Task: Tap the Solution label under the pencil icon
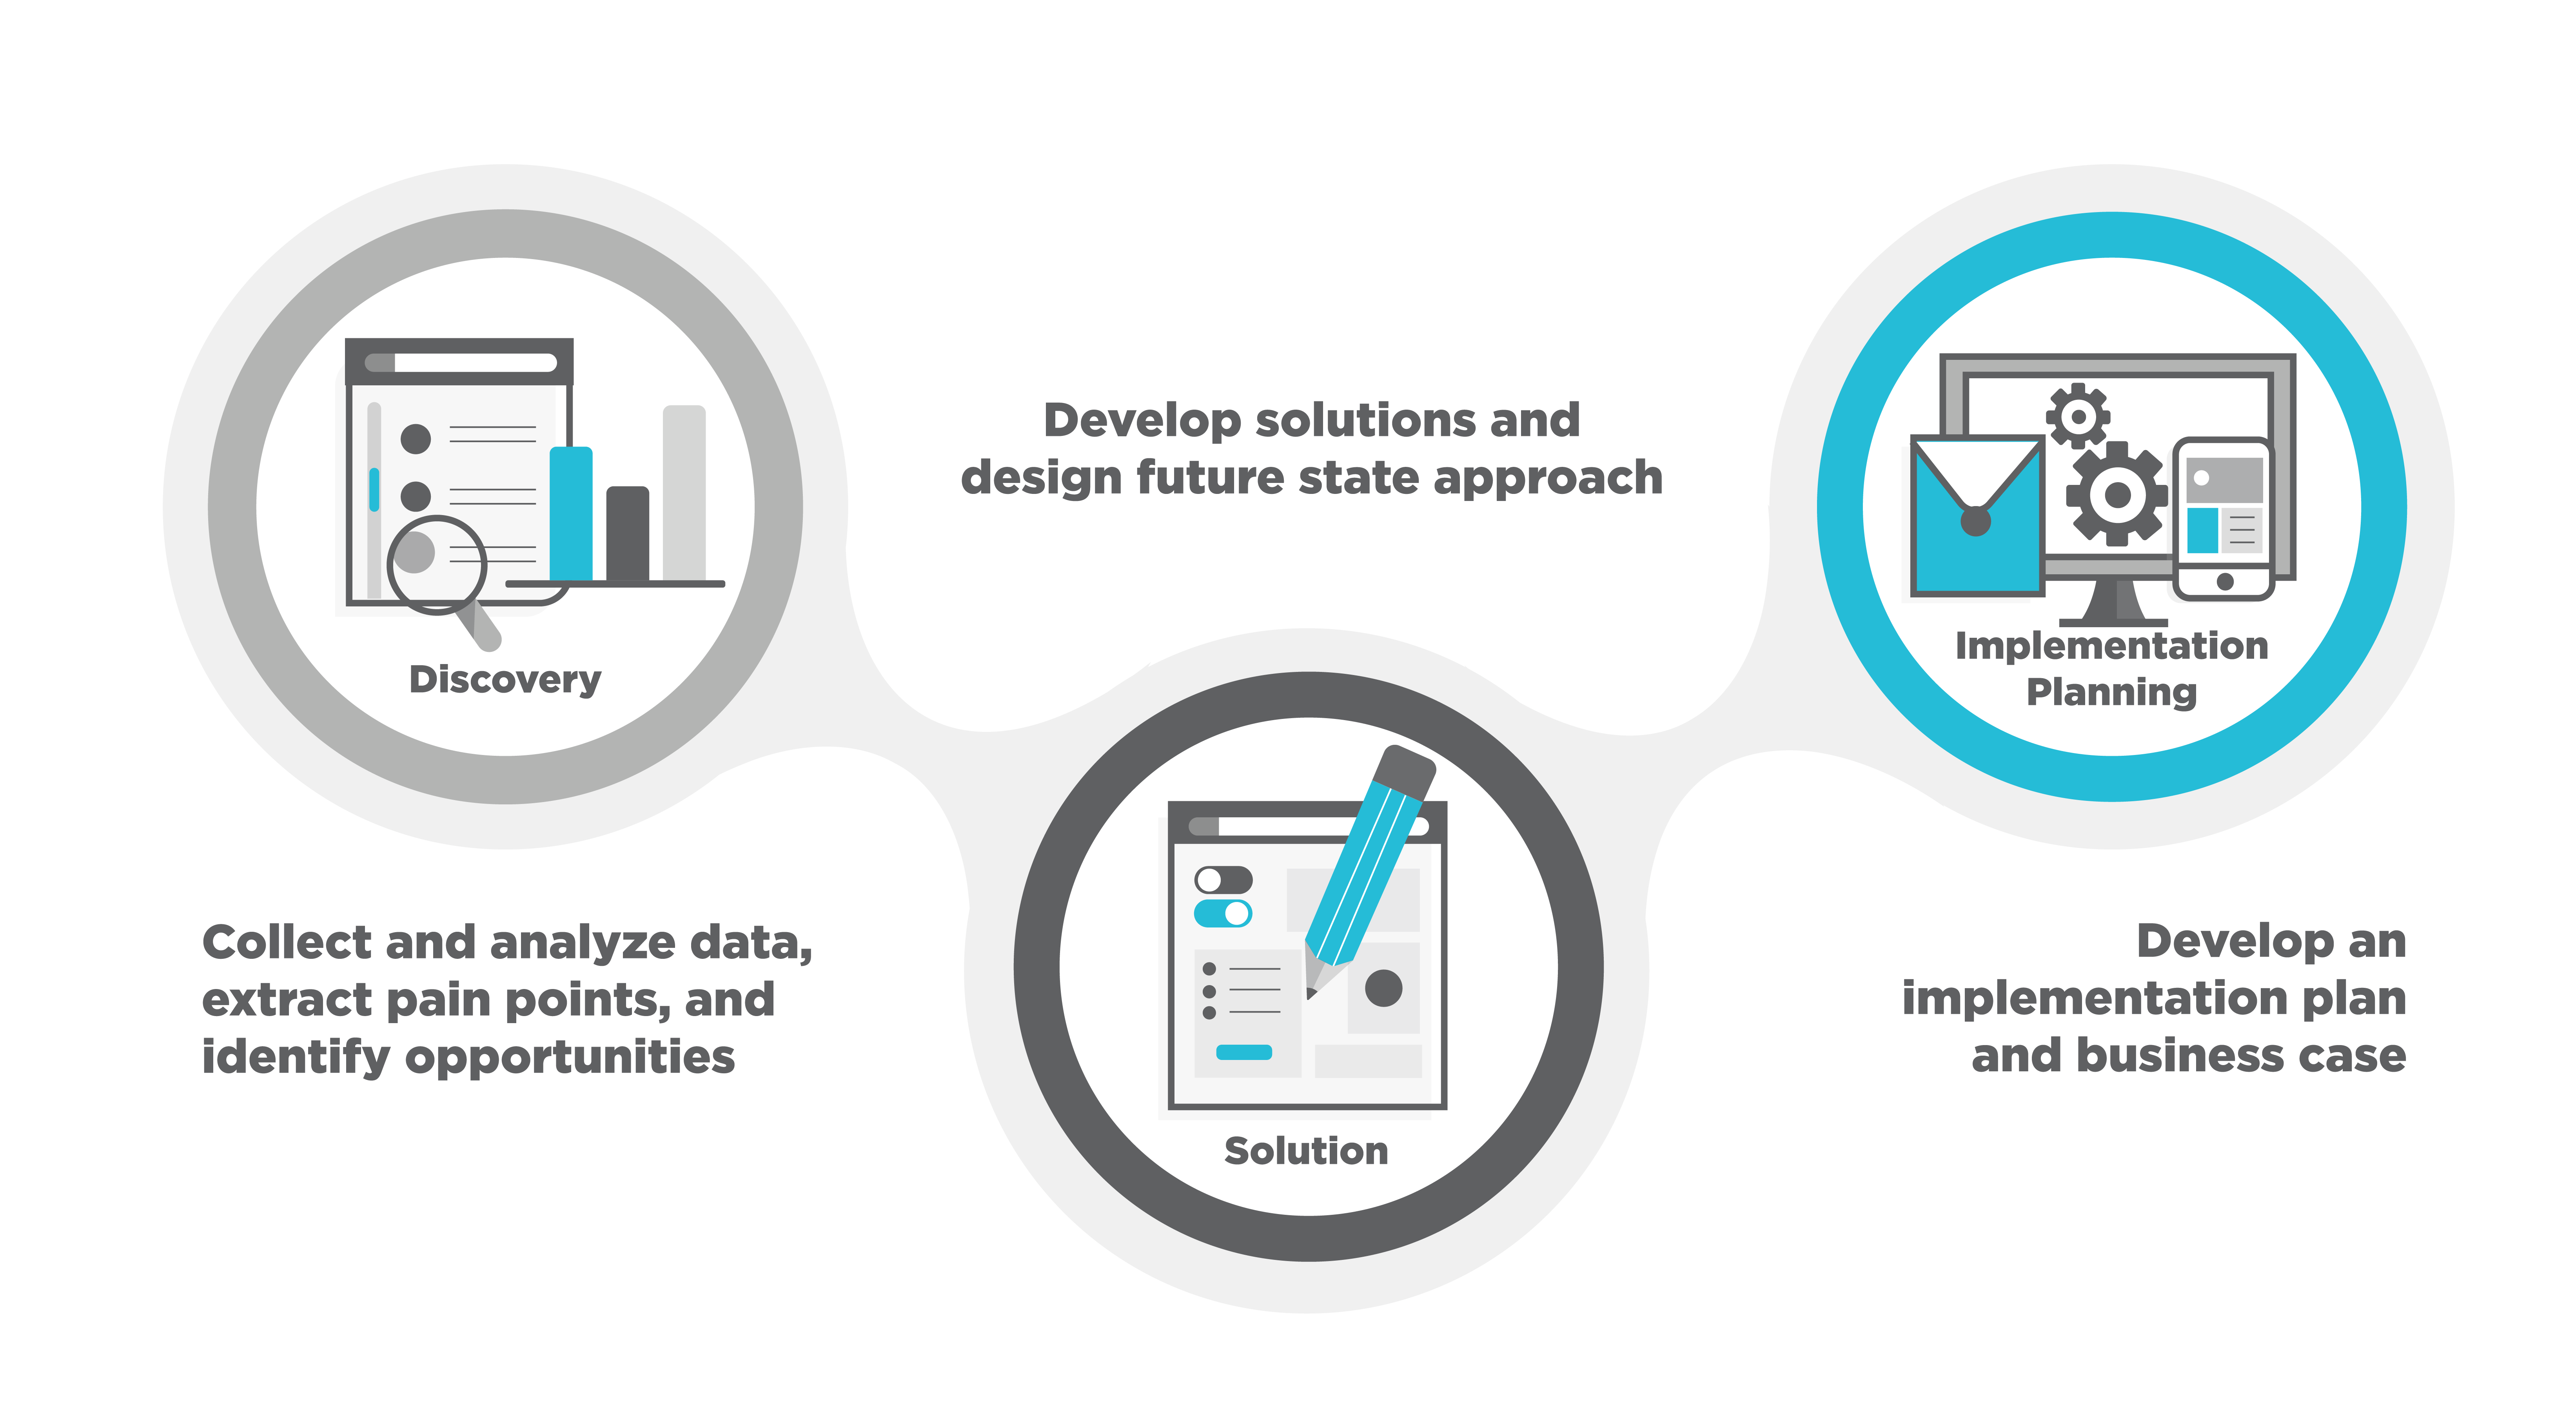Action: point(1306,1150)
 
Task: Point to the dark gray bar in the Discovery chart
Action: point(628,534)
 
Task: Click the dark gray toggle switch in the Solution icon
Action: point(1223,879)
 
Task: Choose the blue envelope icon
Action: point(1977,515)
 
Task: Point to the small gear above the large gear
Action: point(2078,415)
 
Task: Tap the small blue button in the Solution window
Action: point(1243,1052)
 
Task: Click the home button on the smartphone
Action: point(2224,582)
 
